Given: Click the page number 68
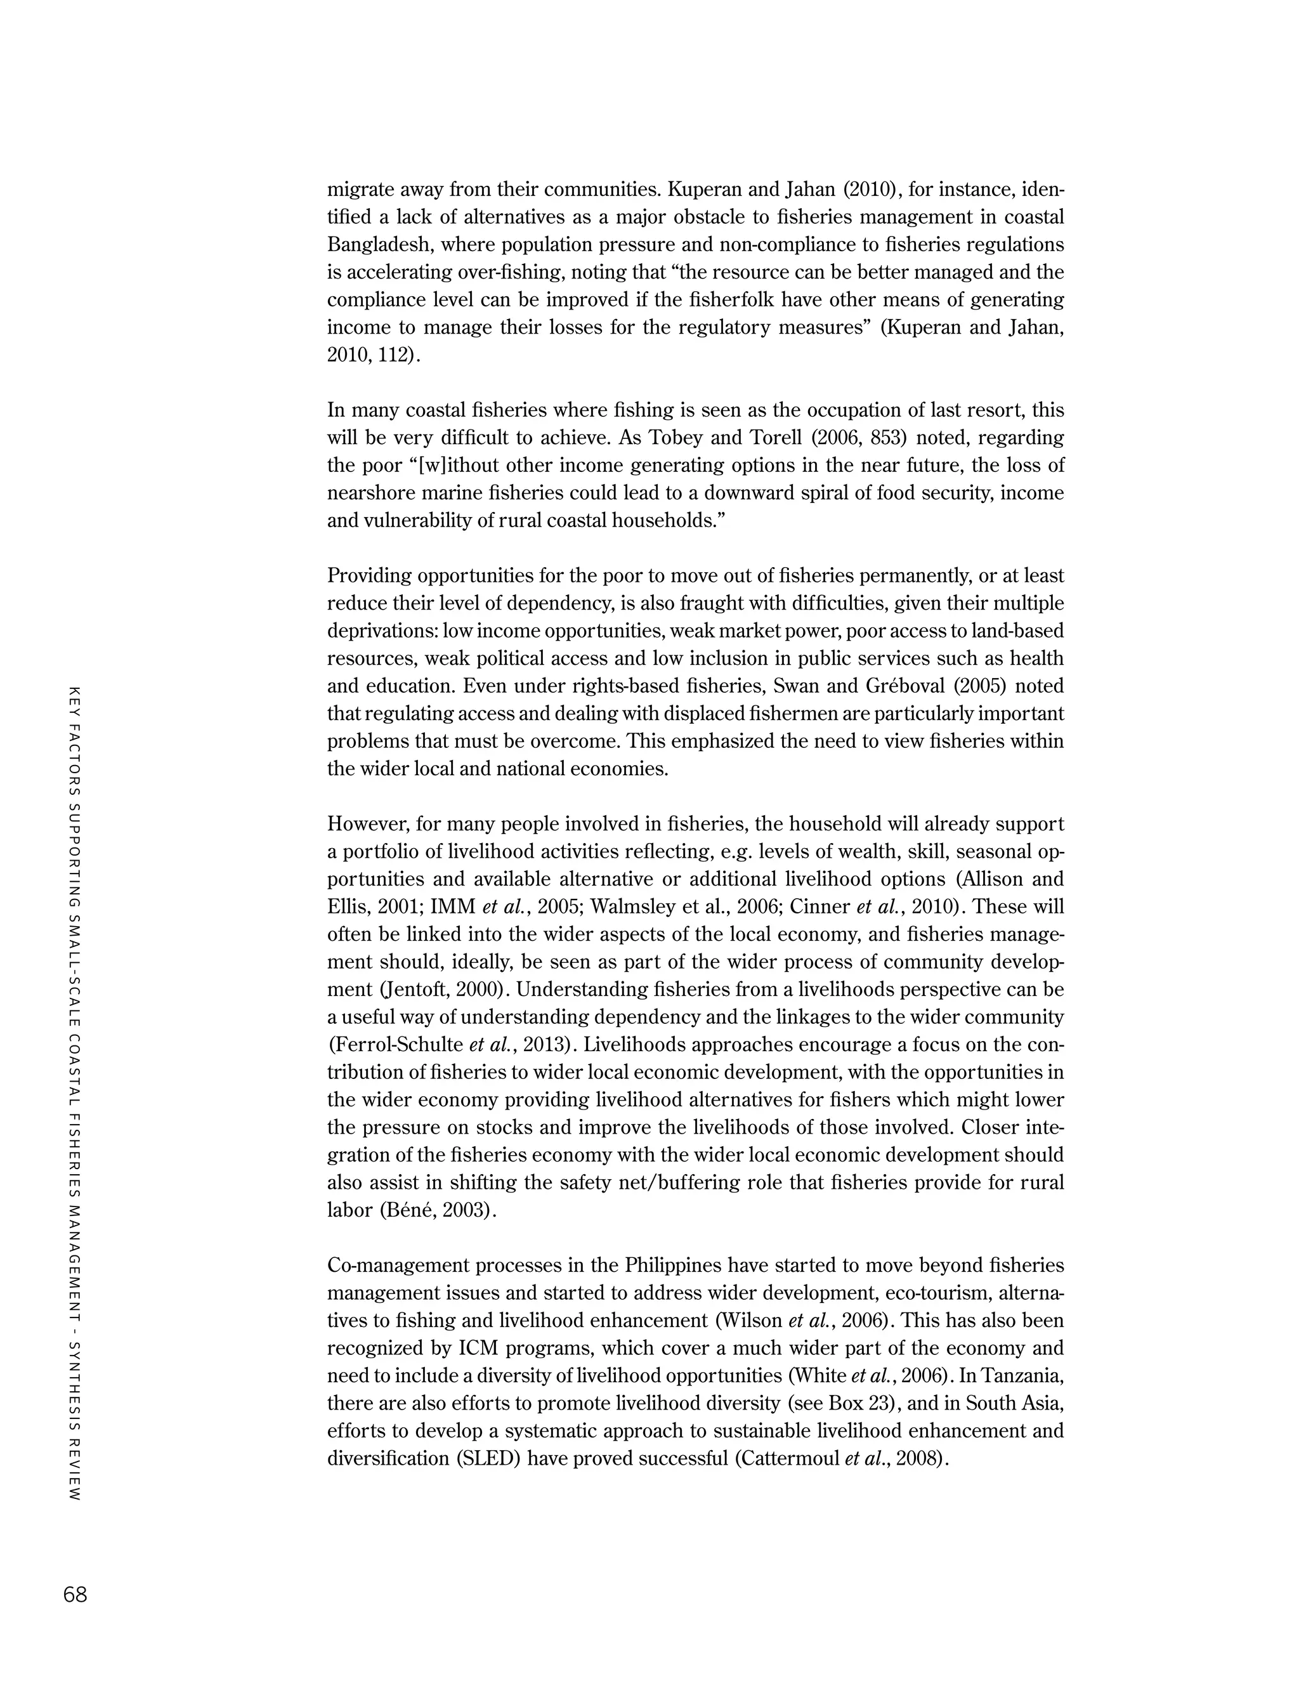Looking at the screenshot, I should pyautogui.click(x=75, y=1595).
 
